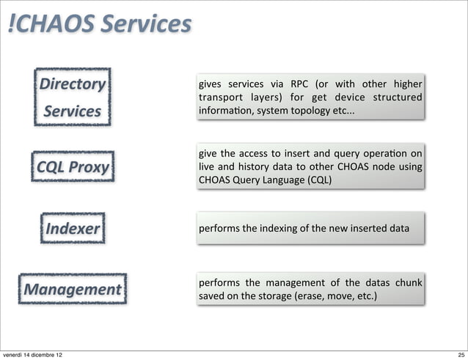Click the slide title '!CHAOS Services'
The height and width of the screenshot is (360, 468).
click(98, 24)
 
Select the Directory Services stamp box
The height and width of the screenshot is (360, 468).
click(71, 98)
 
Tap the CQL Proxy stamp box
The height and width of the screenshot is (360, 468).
click(72, 168)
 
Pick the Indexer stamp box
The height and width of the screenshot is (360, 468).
click(72, 228)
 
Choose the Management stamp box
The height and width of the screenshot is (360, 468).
click(72, 289)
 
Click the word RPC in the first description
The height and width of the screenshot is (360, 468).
click(300, 83)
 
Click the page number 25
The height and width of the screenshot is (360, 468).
click(458, 355)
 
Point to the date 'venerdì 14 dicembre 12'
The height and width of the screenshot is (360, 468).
click(32, 355)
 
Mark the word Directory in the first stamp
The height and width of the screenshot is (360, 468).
click(72, 84)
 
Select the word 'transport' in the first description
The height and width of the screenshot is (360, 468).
click(221, 97)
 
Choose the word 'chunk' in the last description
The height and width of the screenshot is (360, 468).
click(409, 283)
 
